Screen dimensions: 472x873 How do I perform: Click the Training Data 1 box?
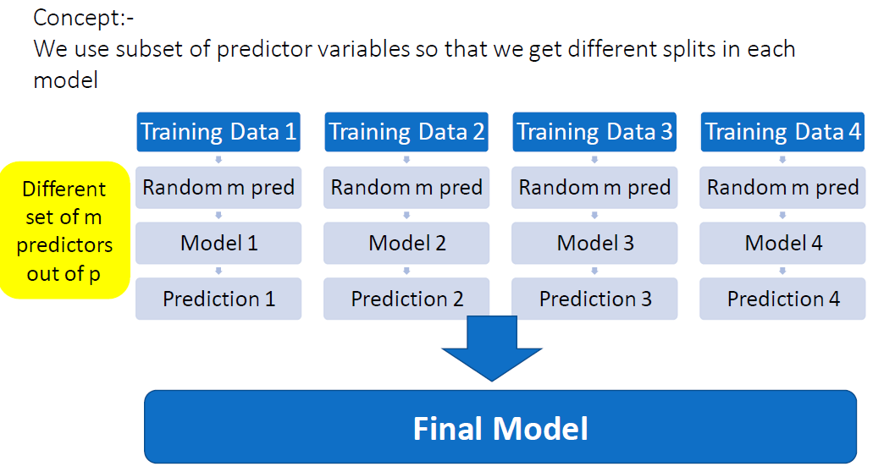click(x=218, y=132)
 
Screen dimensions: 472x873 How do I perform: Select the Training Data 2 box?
click(x=406, y=132)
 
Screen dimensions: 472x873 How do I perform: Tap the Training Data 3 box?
click(x=594, y=132)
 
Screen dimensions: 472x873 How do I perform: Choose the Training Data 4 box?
click(x=782, y=132)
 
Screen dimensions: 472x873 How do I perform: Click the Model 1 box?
click(x=218, y=244)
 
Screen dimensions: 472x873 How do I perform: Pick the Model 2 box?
click(x=406, y=244)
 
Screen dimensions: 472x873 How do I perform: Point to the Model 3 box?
click(x=594, y=244)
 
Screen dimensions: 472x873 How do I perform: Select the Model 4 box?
click(x=782, y=244)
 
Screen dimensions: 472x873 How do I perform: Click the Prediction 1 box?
click(x=218, y=299)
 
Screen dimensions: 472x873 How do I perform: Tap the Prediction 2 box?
click(x=406, y=299)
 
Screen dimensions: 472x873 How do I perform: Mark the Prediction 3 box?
click(x=594, y=299)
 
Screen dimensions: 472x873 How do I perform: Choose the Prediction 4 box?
click(x=782, y=299)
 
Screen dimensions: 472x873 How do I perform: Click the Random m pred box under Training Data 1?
click(x=218, y=188)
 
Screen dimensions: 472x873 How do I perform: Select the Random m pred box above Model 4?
click(x=782, y=188)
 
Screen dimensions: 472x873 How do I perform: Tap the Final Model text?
click(x=500, y=428)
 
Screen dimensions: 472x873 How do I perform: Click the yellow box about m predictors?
click(x=64, y=230)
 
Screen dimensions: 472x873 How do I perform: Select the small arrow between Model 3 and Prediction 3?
click(x=595, y=271)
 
